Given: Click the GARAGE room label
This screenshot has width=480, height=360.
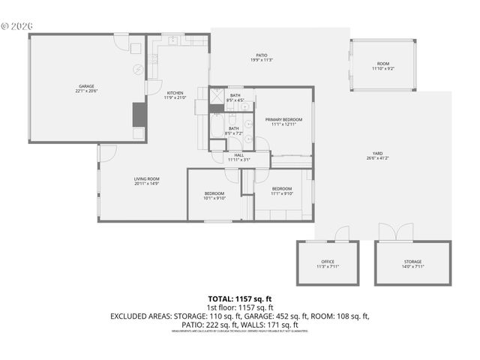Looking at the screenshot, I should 86,86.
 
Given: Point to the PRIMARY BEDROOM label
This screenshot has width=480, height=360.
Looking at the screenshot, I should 283,119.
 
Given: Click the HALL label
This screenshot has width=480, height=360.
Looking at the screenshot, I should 238,154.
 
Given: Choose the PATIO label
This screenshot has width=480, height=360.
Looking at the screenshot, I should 262,55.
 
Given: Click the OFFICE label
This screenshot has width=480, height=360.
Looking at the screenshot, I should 328,262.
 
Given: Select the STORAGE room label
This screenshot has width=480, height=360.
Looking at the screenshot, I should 413,262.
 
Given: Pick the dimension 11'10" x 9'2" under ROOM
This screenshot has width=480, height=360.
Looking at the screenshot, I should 382,69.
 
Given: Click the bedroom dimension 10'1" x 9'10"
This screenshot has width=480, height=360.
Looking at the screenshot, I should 214,199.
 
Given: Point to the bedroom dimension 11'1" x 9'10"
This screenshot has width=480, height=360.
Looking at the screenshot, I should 281,193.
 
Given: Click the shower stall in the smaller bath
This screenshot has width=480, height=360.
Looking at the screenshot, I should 217,95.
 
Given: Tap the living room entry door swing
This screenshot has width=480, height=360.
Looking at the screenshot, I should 108,153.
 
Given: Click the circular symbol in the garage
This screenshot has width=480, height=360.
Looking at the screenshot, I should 137,70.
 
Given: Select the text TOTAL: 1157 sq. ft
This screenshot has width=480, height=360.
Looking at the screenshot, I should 239,298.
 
